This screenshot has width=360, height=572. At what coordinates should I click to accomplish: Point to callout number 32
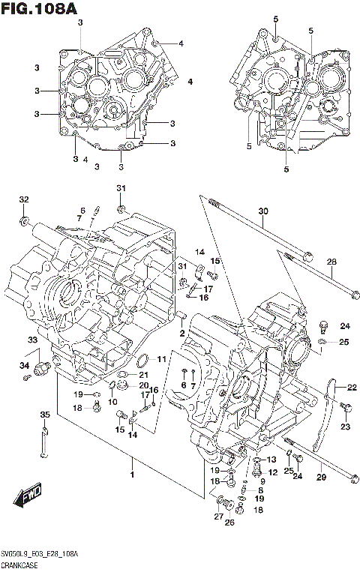tap(24, 199)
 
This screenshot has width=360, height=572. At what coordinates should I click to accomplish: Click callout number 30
tap(262, 211)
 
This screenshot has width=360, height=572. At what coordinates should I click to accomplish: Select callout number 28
tap(331, 261)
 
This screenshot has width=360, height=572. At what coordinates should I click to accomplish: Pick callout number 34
tap(24, 365)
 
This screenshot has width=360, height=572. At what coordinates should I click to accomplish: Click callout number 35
tap(44, 415)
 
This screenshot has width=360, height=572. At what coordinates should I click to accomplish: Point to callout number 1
tap(132, 475)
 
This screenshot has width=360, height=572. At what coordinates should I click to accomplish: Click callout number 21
tap(142, 374)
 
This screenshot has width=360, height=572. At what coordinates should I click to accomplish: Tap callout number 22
tap(351, 387)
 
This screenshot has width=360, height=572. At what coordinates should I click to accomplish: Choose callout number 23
tap(345, 427)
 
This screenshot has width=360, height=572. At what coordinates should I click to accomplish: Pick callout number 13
tap(271, 460)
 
